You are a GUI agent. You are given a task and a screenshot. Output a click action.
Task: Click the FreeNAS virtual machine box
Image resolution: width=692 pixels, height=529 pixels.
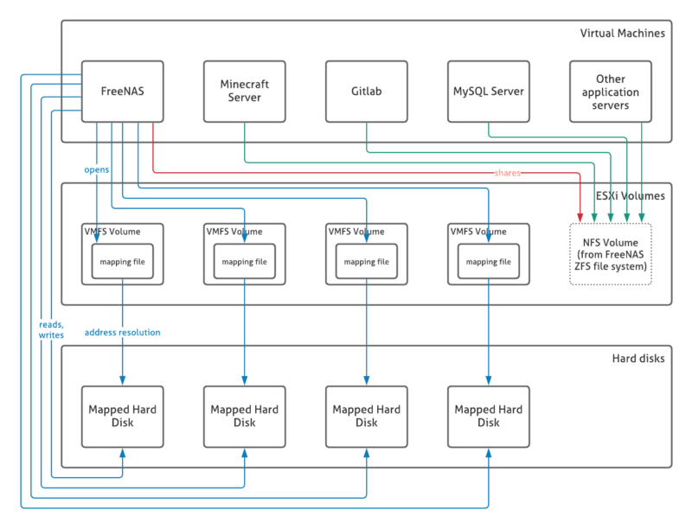(x=122, y=91)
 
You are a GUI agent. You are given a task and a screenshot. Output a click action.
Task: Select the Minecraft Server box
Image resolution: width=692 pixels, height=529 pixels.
(x=244, y=91)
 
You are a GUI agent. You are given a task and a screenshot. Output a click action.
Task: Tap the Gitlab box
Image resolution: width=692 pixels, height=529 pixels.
(x=367, y=91)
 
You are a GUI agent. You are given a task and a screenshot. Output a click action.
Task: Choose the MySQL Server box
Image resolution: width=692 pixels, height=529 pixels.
(x=489, y=91)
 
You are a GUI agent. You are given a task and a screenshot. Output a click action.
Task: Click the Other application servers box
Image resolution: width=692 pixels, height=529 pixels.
(x=612, y=91)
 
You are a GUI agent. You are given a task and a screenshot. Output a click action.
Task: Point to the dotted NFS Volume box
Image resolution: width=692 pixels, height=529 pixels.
(x=611, y=253)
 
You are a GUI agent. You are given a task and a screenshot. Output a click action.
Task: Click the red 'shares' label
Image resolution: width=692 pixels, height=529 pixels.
(x=508, y=173)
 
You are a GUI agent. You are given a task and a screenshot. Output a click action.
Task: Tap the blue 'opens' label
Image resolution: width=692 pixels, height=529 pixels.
(x=96, y=169)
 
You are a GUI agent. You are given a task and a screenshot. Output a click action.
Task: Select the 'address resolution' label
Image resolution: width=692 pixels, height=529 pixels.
(x=122, y=332)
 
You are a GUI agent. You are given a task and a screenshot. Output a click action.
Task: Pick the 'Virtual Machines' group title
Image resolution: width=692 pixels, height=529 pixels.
(x=622, y=34)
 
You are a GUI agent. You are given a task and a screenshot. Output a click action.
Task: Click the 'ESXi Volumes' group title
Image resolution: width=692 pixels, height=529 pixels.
(x=629, y=195)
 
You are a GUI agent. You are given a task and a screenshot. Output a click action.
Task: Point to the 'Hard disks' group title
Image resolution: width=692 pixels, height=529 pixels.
(x=638, y=358)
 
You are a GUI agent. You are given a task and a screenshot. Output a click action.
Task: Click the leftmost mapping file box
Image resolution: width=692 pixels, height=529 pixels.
(x=122, y=261)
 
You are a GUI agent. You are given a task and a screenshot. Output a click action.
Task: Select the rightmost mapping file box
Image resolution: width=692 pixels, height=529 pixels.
(x=489, y=261)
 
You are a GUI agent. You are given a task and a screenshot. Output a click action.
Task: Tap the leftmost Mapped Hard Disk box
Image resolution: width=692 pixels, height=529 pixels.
(x=122, y=416)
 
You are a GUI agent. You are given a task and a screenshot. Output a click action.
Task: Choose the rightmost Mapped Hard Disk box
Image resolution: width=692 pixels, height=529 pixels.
(x=489, y=416)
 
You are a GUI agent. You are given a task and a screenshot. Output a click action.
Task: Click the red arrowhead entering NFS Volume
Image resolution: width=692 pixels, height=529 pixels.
(x=580, y=215)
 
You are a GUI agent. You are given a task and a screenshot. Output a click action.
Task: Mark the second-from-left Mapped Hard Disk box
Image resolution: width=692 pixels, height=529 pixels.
(x=244, y=416)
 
